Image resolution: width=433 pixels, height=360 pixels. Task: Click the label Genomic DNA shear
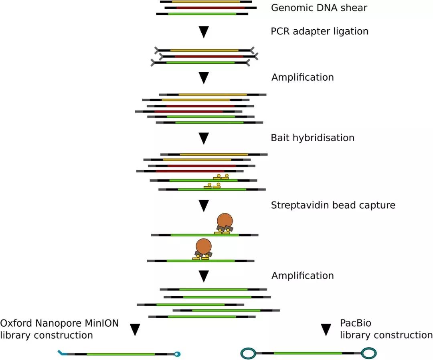pyautogui.click(x=319, y=8)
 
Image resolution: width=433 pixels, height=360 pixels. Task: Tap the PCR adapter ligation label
pyautogui.click(x=320, y=31)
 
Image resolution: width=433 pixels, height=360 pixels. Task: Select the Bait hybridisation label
pyautogui.click(x=313, y=138)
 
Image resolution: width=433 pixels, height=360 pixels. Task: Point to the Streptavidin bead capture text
pyautogui.click(x=333, y=205)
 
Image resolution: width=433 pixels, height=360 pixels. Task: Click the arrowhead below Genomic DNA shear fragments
pyautogui.click(x=204, y=32)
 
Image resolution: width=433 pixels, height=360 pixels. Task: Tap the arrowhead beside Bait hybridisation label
pyautogui.click(x=204, y=138)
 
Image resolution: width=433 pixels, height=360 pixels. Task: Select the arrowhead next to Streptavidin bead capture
pyautogui.click(x=204, y=205)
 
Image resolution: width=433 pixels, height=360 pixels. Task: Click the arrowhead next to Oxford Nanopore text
pyautogui.click(x=136, y=329)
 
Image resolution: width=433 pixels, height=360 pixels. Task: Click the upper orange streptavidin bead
pyautogui.click(x=225, y=220)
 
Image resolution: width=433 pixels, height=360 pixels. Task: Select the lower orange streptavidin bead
pyautogui.click(x=203, y=246)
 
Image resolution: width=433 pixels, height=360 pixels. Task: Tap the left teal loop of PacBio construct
pyautogui.click(x=248, y=353)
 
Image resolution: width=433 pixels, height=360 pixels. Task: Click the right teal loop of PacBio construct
pyautogui.click(x=368, y=353)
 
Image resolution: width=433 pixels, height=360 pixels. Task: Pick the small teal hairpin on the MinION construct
pyautogui.click(x=177, y=354)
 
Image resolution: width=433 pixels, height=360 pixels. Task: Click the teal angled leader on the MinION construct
pyautogui.click(x=61, y=353)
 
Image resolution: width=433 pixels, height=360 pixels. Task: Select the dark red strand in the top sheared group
pyautogui.click(x=210, y=8)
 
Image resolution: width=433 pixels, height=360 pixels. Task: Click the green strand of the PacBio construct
pyautogui.click(x=308, y=353)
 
